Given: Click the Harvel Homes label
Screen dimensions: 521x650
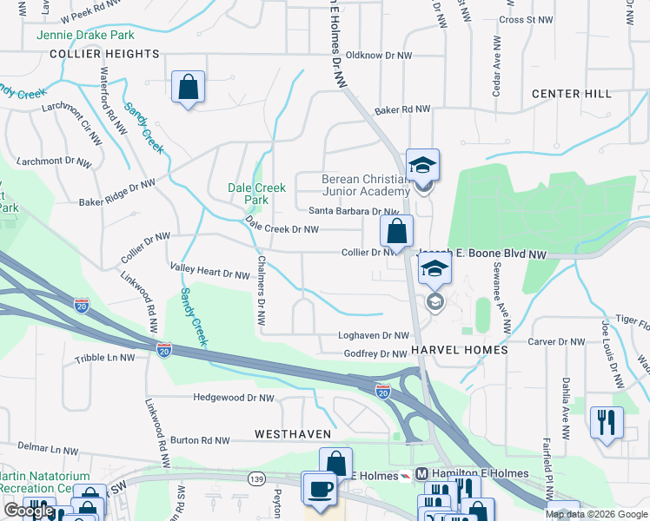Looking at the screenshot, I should click(x=460, y=349).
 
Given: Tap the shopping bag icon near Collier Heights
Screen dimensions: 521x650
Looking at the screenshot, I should click(x=188, y=87).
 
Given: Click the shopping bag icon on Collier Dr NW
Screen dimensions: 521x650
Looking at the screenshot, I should click(x=395, y=231).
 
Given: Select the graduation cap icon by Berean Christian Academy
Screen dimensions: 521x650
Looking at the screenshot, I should click(x=422, y=165).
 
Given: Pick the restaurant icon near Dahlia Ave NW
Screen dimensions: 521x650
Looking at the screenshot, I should click(x=607, y=423).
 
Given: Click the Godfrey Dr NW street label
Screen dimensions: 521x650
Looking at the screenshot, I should click(x=375, y=353).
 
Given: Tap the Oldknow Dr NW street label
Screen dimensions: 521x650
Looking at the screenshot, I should click(x=383, y=55).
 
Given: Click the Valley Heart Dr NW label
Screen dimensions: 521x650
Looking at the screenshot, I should click(x=210, y=274).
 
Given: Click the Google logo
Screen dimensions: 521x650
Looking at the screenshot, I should click(x=29, y=511).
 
